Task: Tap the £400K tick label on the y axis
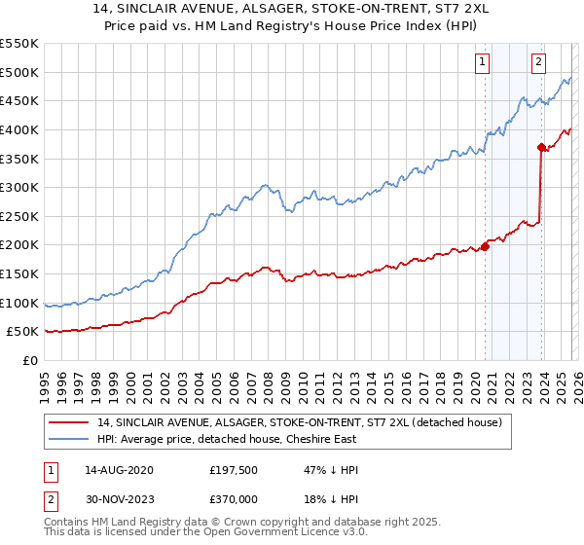point(19,129)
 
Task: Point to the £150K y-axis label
point(19,274)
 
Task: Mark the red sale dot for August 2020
point(485,245)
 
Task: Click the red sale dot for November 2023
point(541,147)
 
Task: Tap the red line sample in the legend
point(70,422)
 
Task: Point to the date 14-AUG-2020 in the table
point(119,470)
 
